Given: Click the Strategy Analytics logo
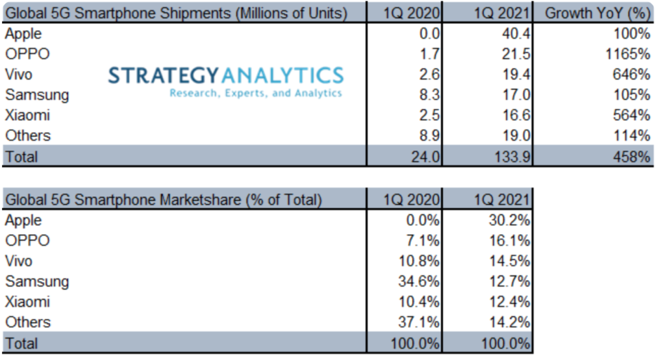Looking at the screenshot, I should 225,81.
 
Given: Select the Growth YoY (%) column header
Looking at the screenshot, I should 596,12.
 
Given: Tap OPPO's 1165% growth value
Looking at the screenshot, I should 629,54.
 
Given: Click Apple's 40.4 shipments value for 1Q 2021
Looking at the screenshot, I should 516,33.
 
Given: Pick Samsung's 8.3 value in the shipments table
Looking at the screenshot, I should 431,94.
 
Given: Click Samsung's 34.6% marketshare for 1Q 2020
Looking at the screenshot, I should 422,281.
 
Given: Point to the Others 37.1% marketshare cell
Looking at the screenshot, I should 422,322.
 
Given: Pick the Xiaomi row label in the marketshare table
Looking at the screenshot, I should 27,302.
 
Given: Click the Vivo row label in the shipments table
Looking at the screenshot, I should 19,74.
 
